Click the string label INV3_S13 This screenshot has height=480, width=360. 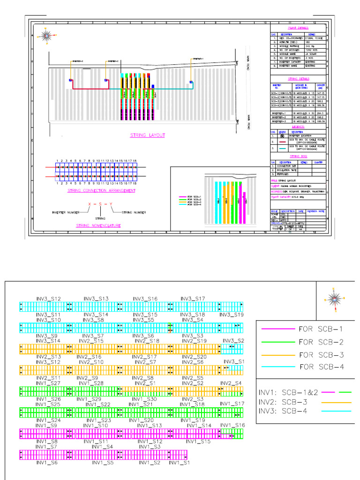click(96, 299)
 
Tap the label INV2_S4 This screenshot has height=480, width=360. click(232, 383)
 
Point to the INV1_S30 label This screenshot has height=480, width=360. click(144, 399)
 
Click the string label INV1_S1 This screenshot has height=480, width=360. click(180, 463)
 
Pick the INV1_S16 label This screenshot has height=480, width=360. click(232, 425)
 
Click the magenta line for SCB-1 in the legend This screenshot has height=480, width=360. click(277, 329)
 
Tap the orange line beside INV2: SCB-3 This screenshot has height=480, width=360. click(335, 402)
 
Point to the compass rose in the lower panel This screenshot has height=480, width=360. click(334, 298)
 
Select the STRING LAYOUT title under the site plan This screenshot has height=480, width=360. click(147, 135)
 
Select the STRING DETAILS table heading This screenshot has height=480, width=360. click(298, 79)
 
